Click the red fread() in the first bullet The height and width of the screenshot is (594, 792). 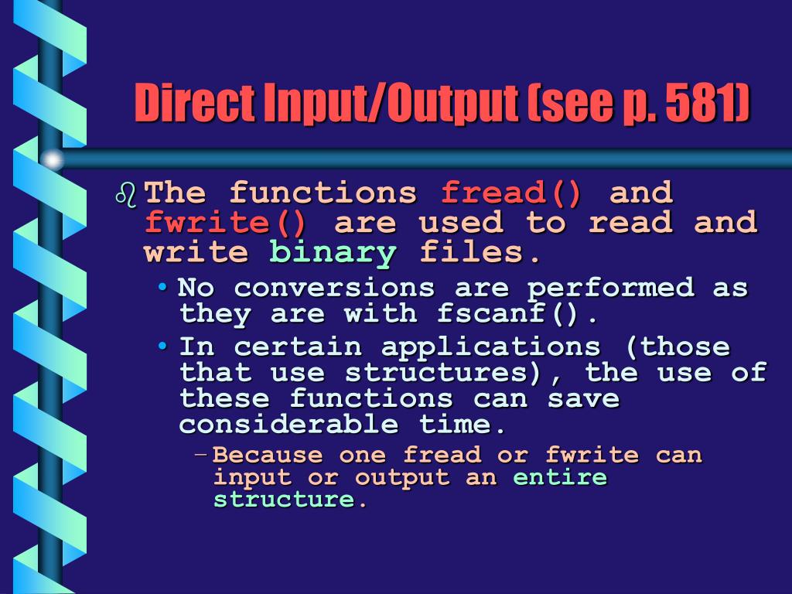(511, 193)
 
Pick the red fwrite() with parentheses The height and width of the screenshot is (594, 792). (225, 224)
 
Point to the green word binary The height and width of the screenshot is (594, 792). (333, 253)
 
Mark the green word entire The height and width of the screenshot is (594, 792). (560, 477)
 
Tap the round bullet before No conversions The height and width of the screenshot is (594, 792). (163, 288)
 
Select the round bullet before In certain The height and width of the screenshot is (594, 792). (163, 346)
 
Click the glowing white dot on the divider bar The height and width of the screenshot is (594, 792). (52, 160)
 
